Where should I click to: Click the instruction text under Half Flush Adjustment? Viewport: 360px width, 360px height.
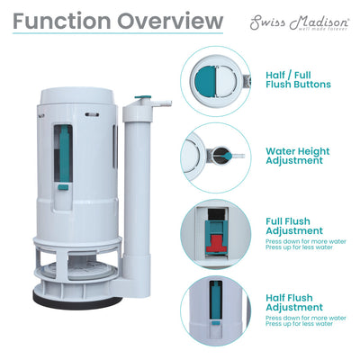(x=304, y=321)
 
